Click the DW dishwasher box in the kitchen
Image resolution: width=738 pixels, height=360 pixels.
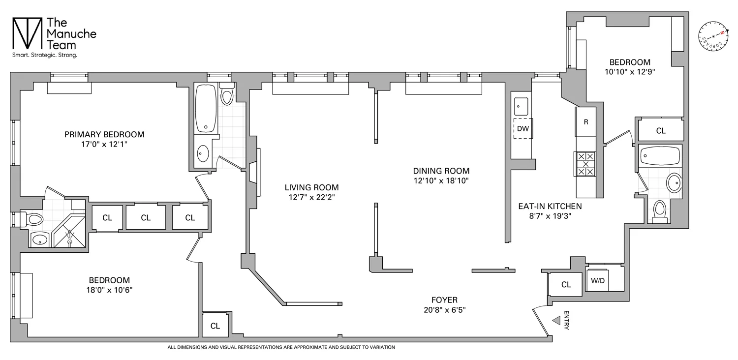(x=523, y=129)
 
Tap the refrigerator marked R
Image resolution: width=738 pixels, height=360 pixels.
(x=585, y=121)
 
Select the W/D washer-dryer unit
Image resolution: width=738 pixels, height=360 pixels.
(x=598, y=280)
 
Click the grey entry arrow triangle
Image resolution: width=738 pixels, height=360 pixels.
(x=556, y=321)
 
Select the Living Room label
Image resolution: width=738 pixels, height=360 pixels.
(x=311, y=187)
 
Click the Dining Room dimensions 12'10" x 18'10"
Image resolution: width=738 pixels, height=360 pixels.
(x=441, y=180)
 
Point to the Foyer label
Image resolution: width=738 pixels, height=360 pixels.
(x=444, y=300)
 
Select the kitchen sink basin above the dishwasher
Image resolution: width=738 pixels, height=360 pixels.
(x=521, y=105)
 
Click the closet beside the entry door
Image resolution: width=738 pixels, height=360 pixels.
(x=566, y=284)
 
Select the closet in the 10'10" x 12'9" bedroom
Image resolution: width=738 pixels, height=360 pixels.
(x=661, y=131)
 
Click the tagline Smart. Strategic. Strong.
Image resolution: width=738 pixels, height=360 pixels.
(x=45, y=56)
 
